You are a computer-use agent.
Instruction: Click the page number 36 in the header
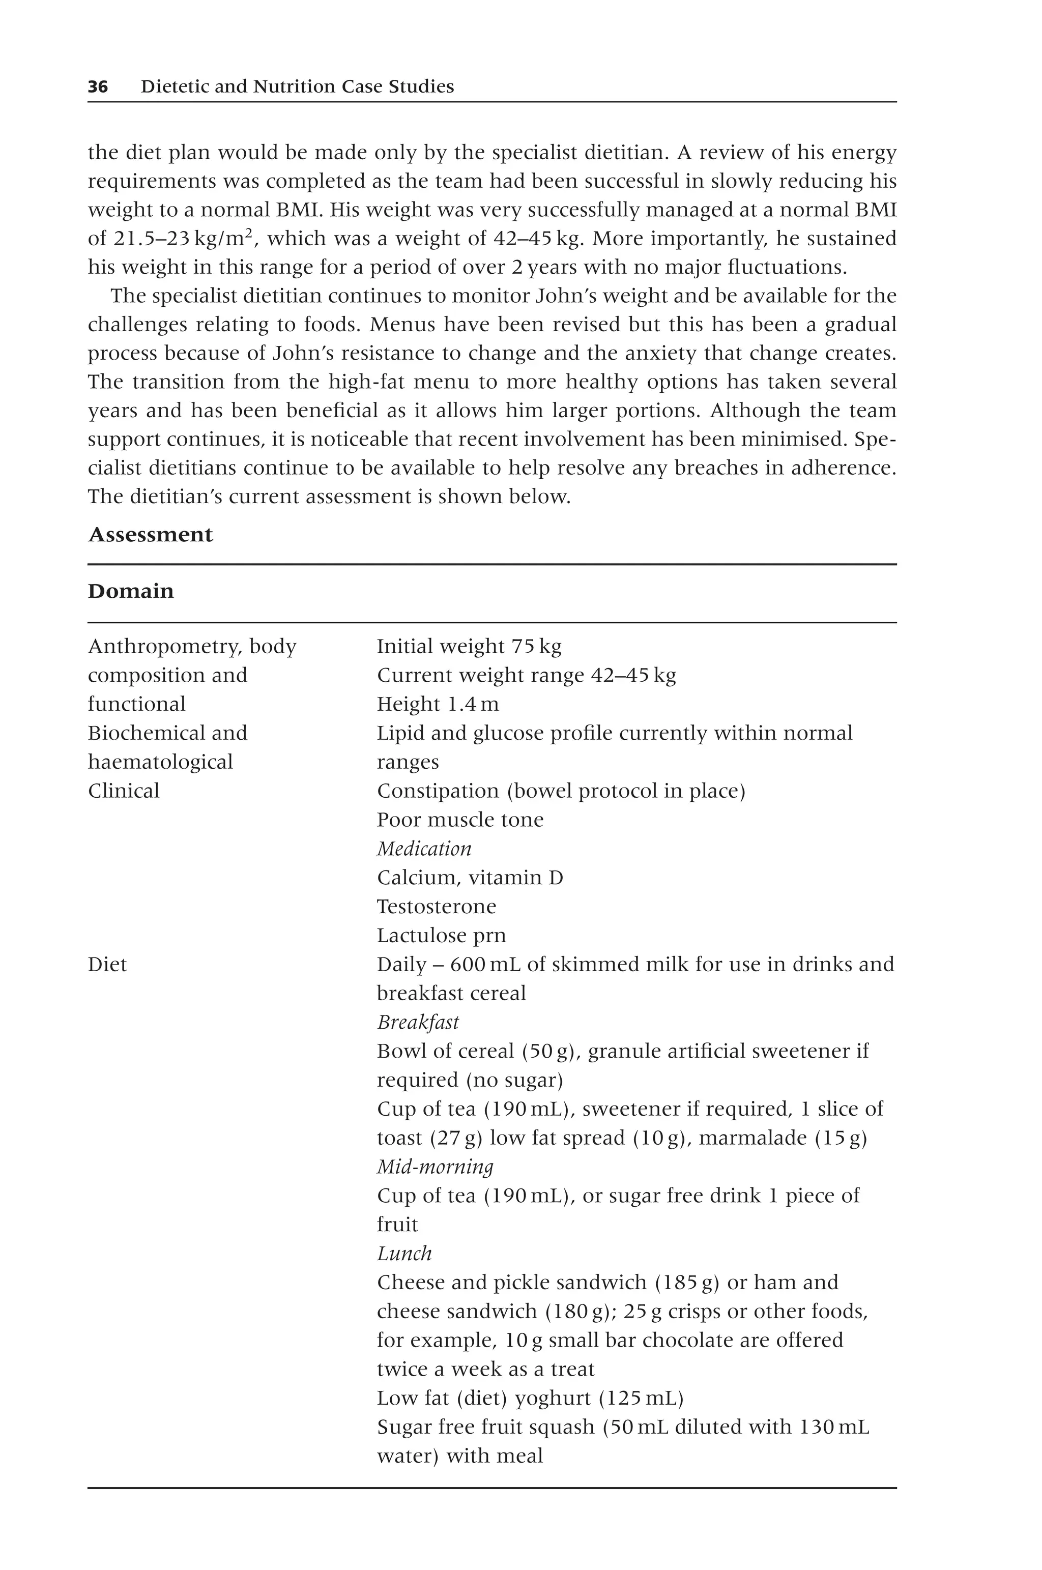[x=98, y=86]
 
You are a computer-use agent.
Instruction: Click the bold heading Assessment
[x=150, y=534]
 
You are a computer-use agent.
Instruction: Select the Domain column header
[x=131, y=591]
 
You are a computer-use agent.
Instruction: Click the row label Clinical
[x=124, y=791]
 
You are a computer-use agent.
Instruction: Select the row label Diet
[x=107, y=964]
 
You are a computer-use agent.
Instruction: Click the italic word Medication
[x=424, y=849]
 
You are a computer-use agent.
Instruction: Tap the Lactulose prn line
[x=441, y=936]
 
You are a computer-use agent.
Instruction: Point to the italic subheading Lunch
[x=404, y=1253]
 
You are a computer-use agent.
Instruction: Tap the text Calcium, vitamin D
[x=470, y=878]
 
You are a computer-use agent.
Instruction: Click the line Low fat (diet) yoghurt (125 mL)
[x=530, y=1398]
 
